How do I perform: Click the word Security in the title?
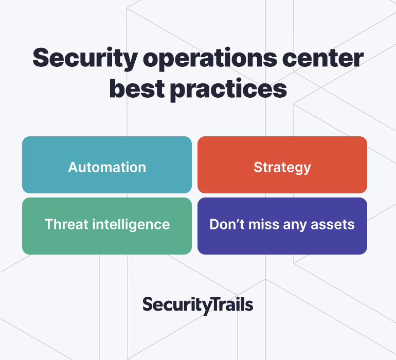[x=85, y=59]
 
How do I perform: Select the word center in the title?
[x=323, y=58]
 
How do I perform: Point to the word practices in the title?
[x=228, y=89]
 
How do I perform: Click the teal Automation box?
[x=107, y=165]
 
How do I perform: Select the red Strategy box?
[x=282, y=165]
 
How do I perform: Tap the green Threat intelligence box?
[x=107, y=226]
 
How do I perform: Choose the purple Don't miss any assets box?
[x=282, y=226]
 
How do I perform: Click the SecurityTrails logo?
[x=198, y=305]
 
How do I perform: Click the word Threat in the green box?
[x=66, y=224]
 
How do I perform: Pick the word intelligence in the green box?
[x=131, y=225]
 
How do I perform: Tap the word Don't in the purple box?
[x=227, y=224]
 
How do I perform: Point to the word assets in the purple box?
[x=333, y=225]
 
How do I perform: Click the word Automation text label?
[x=107, y=167]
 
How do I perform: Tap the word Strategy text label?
[x=282, y=168]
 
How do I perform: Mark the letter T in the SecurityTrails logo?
[x=215, y=304]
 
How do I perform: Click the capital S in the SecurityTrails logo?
[x=147, y=304]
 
